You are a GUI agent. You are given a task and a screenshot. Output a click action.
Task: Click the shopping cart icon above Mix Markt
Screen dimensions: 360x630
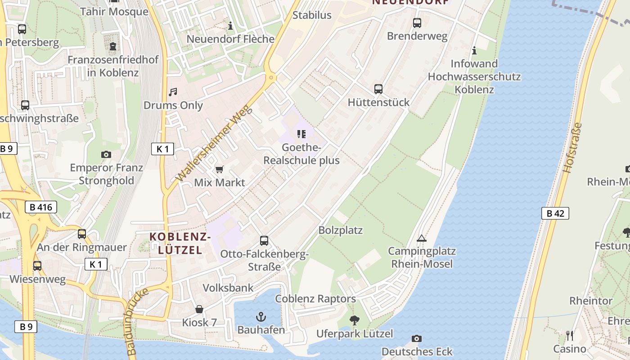click(219, 169)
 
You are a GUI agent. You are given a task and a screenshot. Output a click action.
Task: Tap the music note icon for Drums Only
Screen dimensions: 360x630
click(173, 92)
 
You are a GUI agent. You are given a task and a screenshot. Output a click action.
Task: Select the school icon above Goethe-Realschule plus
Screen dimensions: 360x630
click(301, 134)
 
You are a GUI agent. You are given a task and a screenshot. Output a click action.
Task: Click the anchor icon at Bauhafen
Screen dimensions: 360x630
click(261, 316)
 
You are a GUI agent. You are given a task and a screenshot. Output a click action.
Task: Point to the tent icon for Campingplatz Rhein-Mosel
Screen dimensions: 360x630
click(421, 238)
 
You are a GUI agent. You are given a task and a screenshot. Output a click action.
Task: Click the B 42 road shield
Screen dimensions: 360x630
click(555, 213)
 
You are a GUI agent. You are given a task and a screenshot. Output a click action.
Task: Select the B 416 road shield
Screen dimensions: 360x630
click(41, 207)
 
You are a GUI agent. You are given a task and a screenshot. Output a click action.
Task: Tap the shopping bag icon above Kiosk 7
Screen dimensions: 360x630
click(199, 309)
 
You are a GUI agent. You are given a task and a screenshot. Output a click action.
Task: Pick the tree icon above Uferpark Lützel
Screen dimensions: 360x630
click(355, 320)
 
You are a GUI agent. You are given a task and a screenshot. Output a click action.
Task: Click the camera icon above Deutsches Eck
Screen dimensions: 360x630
click(417, 338)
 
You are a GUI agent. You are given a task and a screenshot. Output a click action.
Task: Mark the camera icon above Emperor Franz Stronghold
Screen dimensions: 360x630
click(106, 154)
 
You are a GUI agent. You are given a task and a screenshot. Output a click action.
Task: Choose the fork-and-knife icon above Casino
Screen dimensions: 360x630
click(570, 335)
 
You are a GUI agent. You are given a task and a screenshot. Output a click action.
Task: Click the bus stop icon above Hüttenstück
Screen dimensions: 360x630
click(378, 89)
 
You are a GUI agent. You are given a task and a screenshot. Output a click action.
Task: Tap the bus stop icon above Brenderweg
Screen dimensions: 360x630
click(417, 22)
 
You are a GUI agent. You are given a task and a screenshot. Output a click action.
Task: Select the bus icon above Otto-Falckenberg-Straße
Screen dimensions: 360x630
click(264, 241)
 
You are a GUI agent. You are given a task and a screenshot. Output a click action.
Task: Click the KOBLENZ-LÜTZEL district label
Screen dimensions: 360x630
click(180, 243)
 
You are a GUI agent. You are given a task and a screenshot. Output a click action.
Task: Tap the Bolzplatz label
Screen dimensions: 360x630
click(340, 230)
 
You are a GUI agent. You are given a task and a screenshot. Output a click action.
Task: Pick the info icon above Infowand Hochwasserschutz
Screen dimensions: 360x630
click(474, 50)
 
